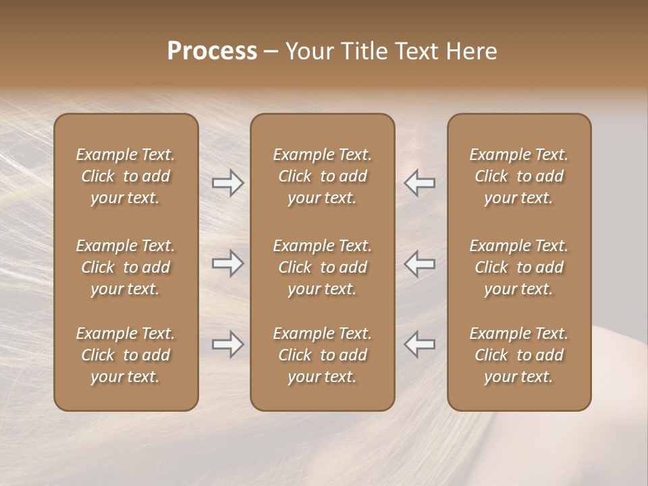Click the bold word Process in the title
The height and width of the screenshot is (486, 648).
212,51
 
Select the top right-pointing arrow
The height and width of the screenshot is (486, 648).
228,183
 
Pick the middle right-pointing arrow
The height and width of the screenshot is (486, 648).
228,263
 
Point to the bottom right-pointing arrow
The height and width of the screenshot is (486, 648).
228,344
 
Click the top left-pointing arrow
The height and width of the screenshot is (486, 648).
419,183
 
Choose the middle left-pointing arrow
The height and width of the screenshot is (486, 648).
419,263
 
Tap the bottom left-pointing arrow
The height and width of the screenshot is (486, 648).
419,344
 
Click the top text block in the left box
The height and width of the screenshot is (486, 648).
126,176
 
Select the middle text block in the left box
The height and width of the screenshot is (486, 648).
126,267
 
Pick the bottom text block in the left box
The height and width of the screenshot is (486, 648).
126,355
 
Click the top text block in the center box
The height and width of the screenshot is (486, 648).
322,176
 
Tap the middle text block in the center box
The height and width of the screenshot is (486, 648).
322,267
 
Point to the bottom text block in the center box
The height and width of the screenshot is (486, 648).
322,355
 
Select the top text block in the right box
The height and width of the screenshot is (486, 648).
519,176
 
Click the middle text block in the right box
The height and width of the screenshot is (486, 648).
519,267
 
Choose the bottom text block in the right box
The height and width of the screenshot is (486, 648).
519,355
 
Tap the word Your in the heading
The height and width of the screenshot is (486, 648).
308,51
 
